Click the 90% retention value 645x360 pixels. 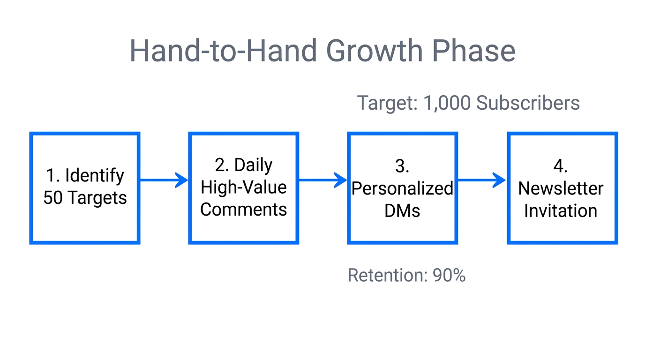pyautogui.click(x=449, y=276)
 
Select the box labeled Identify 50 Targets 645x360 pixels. pyautogui.click(x=85, y=188)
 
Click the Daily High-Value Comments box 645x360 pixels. pyautogui.click(x=243, y=188)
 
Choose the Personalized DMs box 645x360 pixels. pyautogui.click(x=402, y=188)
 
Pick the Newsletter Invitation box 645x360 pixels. pyautogui.click(x=562, y=188)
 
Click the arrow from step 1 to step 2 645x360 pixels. pyautogui.click(x=164, y=180)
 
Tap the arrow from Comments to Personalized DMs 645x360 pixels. pyautogui.click(x=322, y=180)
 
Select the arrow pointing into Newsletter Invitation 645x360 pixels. pyautogui.click(x=482, y=180)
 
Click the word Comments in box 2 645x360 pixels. pyautogui.click(x=243, y=209)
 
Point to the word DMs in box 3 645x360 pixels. pyautogui.click(x=402, y=211)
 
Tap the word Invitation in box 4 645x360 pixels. pyautogui.click(x=561, y=211)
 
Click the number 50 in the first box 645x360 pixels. pyautogui.click(x=53, y=198)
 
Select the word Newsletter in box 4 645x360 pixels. pyautogui.click(x=561, y=188)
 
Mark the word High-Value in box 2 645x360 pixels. pyautogui.click(x=243, y=187)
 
